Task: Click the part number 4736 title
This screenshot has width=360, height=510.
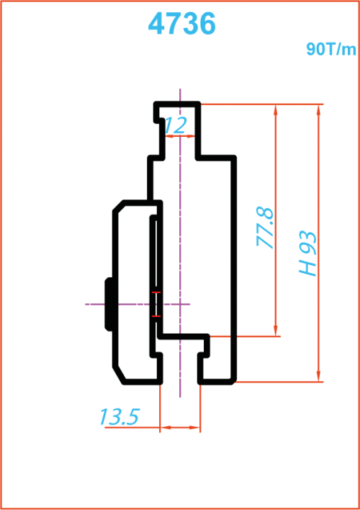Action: pos(181,24)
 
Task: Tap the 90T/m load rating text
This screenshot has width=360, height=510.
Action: pos(331,50)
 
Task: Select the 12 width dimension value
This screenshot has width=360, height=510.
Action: pos(176,125)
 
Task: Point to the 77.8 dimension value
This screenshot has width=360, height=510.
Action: pos(265,228)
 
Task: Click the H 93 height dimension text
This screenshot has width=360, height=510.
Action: pos(307,254)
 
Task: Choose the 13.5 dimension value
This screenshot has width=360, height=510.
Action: pos(120,416)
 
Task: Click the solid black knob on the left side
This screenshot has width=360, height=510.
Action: pos(109,304)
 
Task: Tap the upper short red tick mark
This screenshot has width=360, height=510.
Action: pos(156,292)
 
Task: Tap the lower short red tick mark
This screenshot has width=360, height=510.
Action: pos(156,316)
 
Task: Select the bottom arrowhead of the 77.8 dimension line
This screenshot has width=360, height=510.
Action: pos(276,331)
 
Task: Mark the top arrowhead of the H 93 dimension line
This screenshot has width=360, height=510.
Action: pos(319,109)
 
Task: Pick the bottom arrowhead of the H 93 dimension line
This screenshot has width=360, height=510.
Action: pos(319,377)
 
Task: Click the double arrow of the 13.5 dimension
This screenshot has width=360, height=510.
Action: pos(180,427)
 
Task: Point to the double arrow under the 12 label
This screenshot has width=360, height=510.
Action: pos(180,136)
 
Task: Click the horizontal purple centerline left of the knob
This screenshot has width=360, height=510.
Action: pos(95,304)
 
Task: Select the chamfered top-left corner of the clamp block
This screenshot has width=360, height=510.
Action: pos(118,206)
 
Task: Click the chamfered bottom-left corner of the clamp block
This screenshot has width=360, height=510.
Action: pos(118,375)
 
